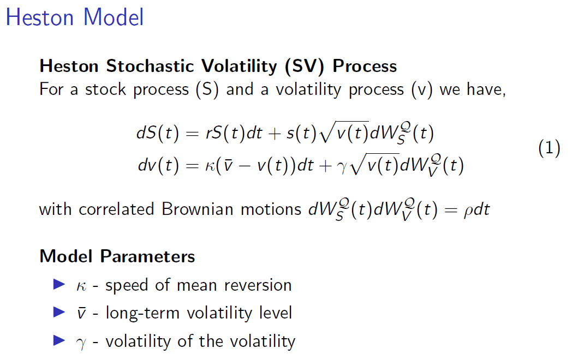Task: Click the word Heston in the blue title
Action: (40, 17)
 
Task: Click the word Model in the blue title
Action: (114, 17)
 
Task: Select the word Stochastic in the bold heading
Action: (150, 66)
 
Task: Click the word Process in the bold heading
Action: (365, 66)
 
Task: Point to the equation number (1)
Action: (549, 148)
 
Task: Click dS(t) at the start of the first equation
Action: (158, 133)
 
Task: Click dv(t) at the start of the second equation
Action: (158, 165)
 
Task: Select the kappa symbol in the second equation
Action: (211, 167)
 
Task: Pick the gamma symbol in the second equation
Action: (342, 168)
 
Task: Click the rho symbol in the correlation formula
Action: (468, 212)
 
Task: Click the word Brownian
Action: (198, 209)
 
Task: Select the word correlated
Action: (116, 209)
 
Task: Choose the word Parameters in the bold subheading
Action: (147, 256)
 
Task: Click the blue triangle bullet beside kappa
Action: (59, 284)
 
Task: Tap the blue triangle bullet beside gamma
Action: (59, 340)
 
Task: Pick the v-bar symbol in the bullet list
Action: (81, 314)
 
